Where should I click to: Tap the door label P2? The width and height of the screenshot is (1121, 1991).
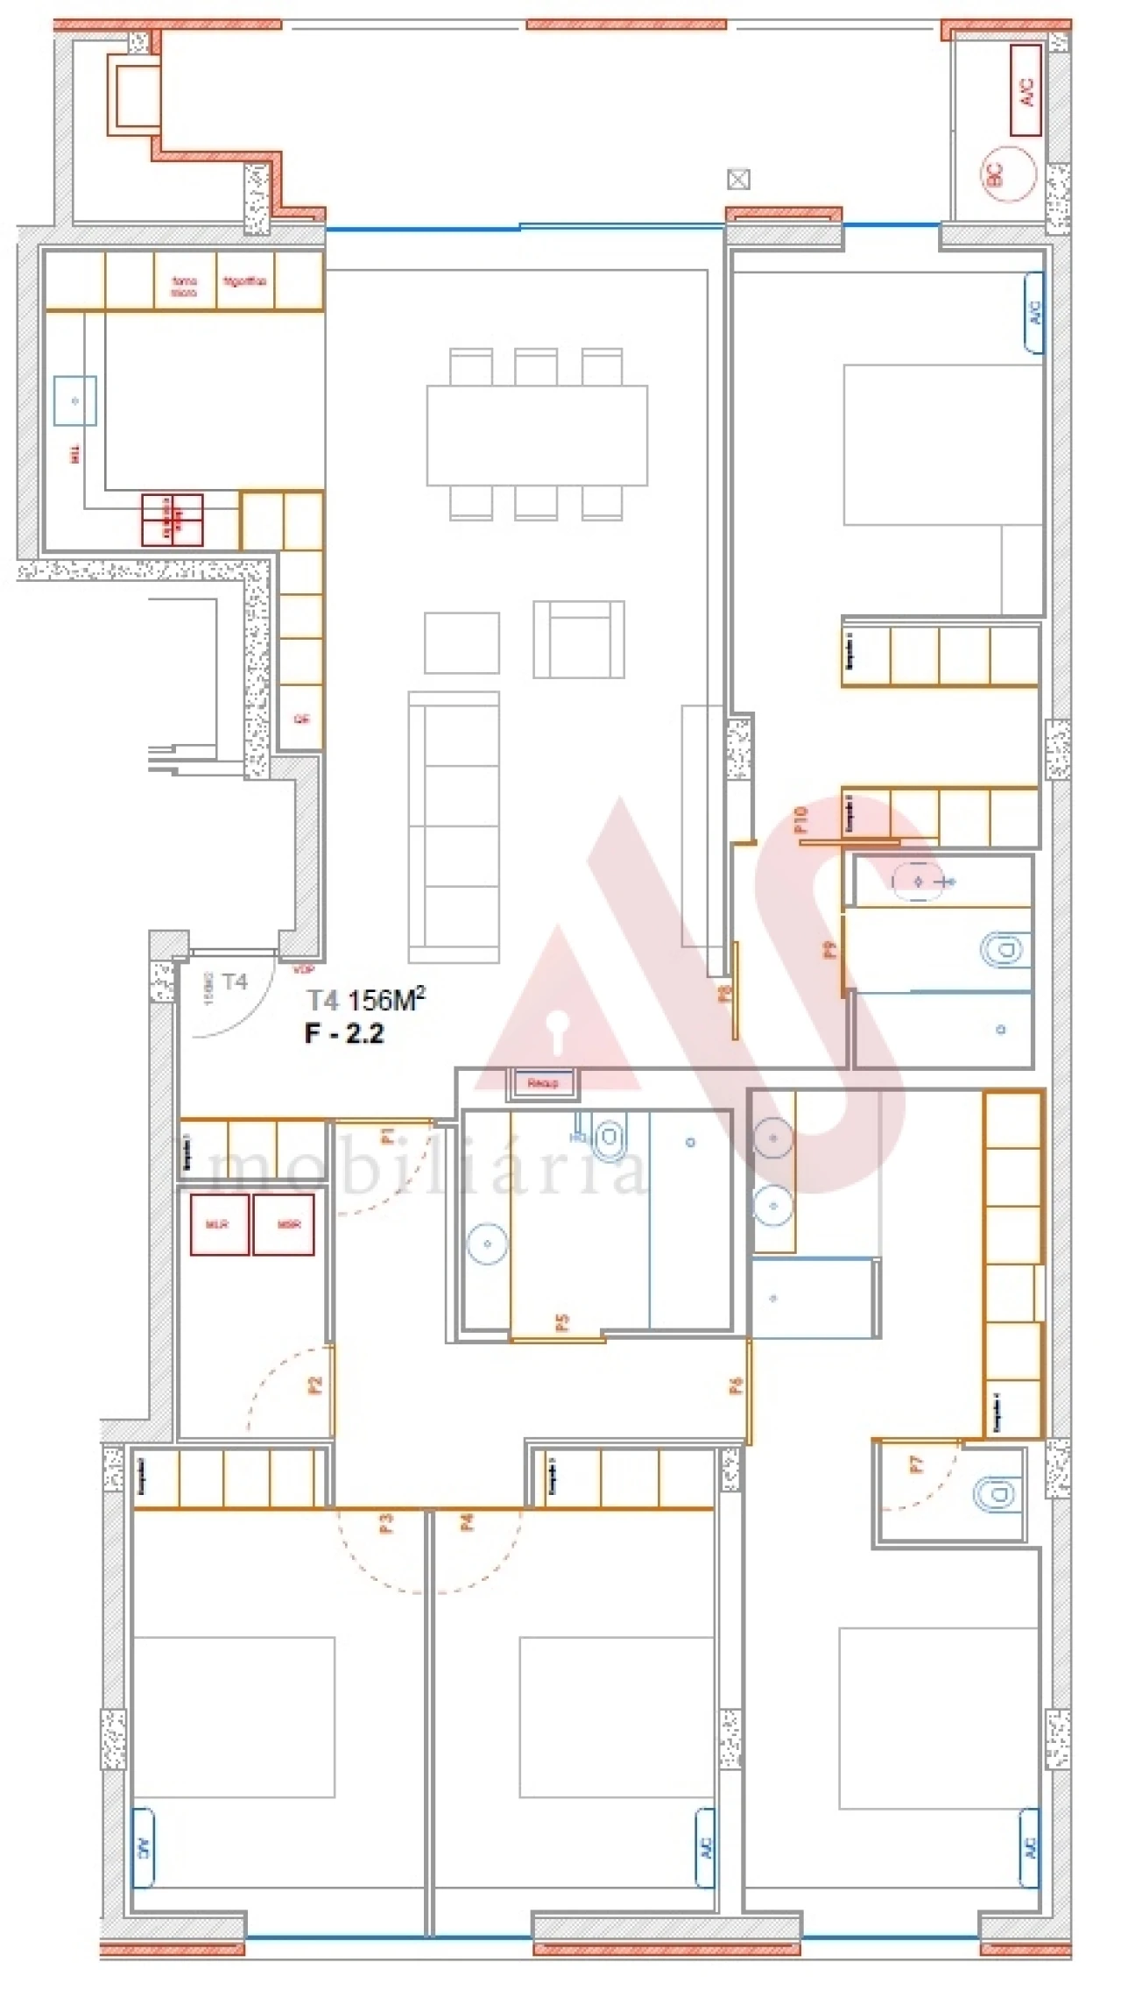(315, 1385)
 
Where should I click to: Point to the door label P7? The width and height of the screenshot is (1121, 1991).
(916, 1464)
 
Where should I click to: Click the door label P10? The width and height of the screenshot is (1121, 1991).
(800, 819)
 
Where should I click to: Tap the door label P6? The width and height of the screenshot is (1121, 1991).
(737, 1385)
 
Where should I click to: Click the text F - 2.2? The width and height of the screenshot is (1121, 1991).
(344, 1034)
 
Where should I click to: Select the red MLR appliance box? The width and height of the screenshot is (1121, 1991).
(219, 1224)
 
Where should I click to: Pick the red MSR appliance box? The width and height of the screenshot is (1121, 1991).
(283, 1224)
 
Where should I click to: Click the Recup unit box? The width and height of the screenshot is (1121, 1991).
(542, 1083)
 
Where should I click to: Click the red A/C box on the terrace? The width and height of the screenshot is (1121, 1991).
(1026, 90)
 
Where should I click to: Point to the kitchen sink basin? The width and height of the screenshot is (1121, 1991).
(74, 400)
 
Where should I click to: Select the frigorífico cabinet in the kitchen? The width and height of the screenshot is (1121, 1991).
(244, 282)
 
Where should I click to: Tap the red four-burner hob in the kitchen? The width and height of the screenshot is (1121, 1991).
(173, 520)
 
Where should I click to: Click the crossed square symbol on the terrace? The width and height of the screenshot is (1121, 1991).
(738, 180)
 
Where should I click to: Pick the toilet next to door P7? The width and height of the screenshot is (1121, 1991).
(999, 1493)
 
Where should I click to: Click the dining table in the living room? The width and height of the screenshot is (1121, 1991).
(537, 435)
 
